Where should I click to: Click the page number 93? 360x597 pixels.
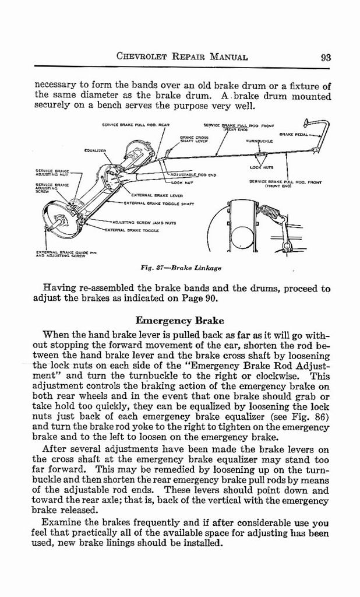point(326,57)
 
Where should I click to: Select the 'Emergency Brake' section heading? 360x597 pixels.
point(179,321)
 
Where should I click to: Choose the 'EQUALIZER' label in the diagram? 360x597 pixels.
point(94,150)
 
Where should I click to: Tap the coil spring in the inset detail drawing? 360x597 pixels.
point(269,212)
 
